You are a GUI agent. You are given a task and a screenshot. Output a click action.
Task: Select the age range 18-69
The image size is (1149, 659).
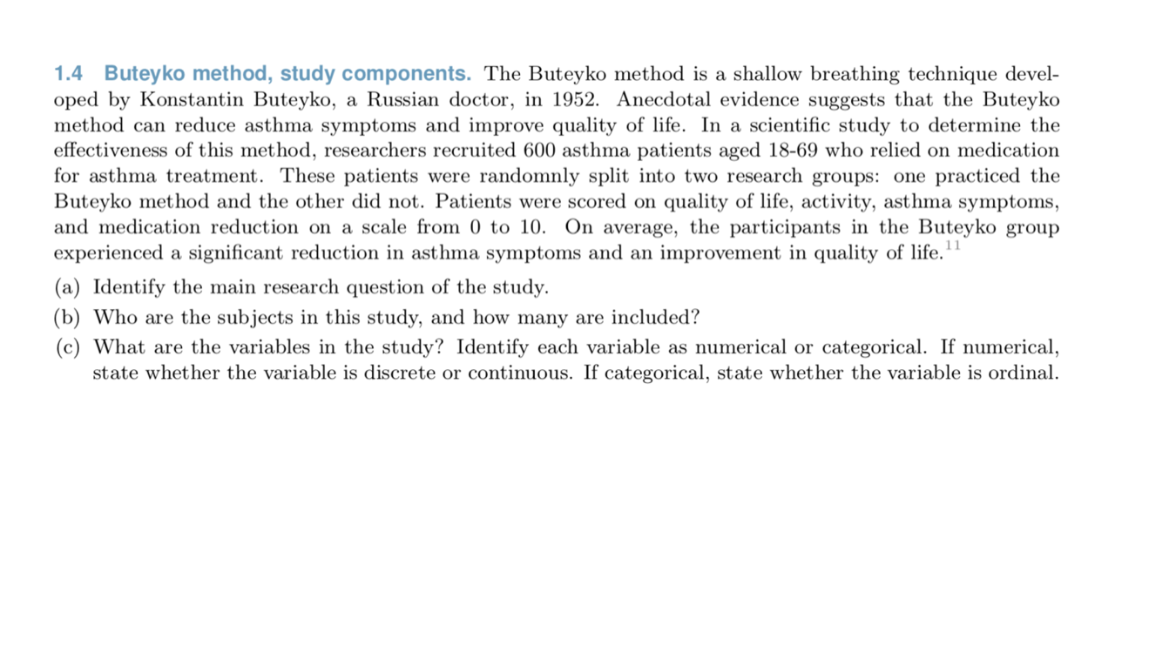click(790, 151)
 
